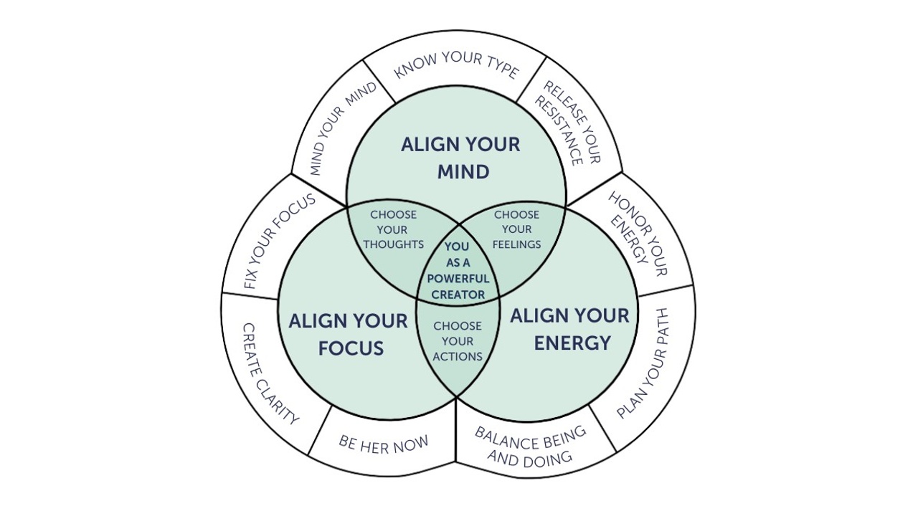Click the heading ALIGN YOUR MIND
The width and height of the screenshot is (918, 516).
pos(460,158)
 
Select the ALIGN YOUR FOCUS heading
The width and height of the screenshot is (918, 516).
pos(348,335)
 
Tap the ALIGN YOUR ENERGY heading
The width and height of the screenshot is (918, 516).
pos(570,329)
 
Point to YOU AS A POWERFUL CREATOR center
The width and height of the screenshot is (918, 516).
pos(458,270)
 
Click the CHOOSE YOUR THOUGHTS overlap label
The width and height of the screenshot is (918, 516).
pos(393,229)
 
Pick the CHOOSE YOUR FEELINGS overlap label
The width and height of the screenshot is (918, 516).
pos(516,229)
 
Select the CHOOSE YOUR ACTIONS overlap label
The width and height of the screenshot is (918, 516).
pos(458,341)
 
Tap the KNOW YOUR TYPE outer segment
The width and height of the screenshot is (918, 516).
pos(457,65)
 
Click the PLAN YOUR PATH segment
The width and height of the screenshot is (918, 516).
pos(643,363)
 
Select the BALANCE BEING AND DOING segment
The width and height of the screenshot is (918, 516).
pos(531,445)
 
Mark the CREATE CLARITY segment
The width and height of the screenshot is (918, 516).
pos(270,373)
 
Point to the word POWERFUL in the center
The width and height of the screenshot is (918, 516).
pos(458,278)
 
